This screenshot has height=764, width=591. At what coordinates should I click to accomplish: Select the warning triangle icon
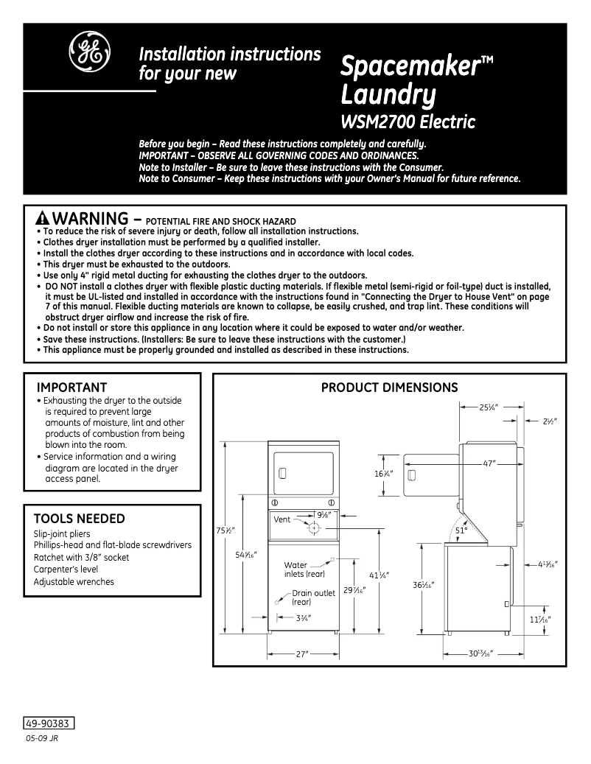pyautogui.click(x=42, y=219)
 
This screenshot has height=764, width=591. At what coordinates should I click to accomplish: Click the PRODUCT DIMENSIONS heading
pyautogui.click(x=389, y=388)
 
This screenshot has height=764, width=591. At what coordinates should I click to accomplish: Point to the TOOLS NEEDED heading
pyautogui.click(x=80, y=519)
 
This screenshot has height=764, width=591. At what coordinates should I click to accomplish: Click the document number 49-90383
pyautogui.click(x=50, y=723)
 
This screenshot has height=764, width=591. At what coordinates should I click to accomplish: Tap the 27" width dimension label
pyautogui.click(x=302, y=653)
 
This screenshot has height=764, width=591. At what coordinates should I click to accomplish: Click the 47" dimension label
pyautogui.click(x=489, y=463)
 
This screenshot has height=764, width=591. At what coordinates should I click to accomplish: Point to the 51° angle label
pyautogui.click(x=461, y=530)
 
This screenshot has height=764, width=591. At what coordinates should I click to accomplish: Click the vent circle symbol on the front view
pyautogui.click(x=314, y=528)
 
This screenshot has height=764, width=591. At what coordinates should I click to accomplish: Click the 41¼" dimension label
pyautogui.click(x=379, y=575)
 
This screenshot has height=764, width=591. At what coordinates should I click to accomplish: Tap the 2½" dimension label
pyautogui.click(x=550, y=421)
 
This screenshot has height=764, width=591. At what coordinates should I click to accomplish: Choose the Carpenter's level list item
pyautogui.click(x=65, y=570)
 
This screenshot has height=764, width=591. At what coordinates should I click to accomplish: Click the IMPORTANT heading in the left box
pyautogui.click(x=71, y=388)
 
